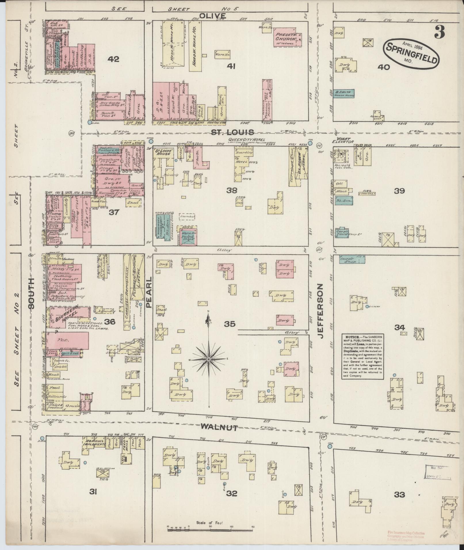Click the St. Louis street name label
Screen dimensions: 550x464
click(232, 132)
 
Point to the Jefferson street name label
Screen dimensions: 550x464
click(322, 311)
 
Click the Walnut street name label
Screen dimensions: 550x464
click(219, 427)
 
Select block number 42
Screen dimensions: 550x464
click(113, 59)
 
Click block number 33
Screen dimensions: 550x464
click(399, 495)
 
